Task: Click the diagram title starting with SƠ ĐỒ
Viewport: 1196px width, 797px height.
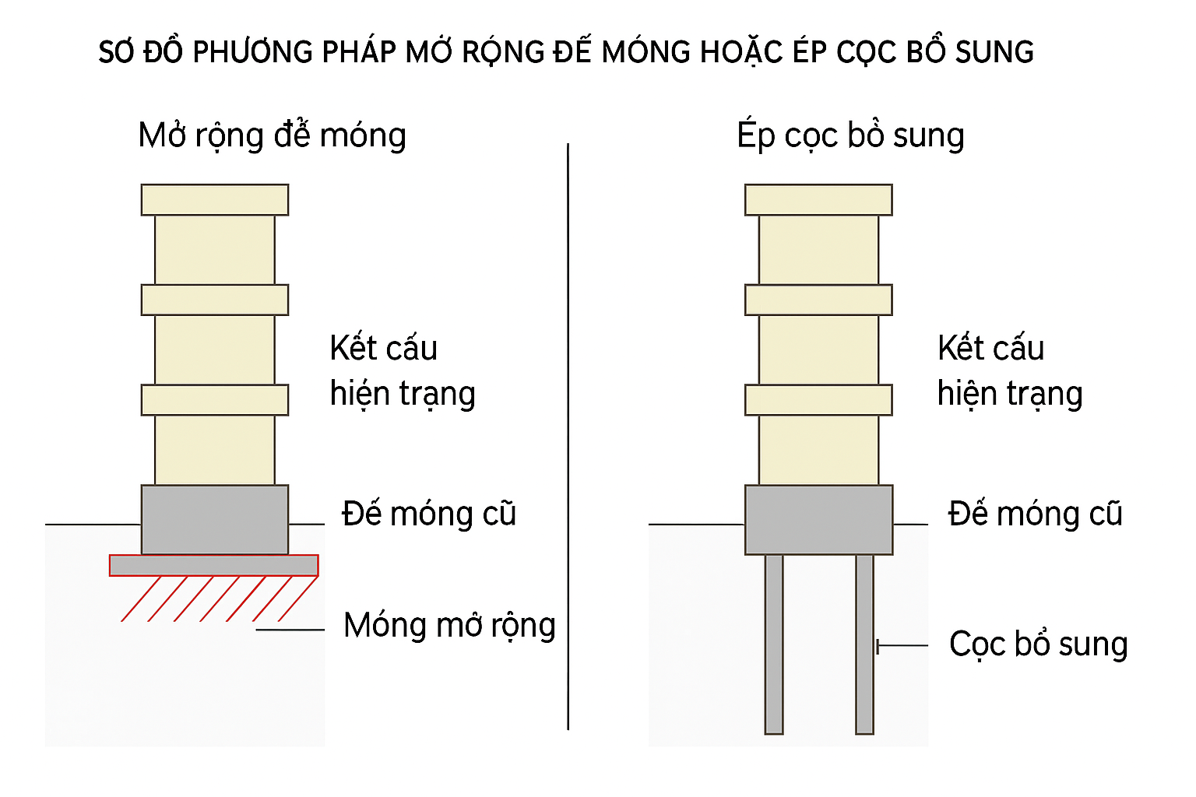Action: point(566,52)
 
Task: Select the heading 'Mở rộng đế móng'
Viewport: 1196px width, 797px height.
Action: point(272,135)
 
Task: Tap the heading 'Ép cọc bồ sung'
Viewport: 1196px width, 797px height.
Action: point(850,135)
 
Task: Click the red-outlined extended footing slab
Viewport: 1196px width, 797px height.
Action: point(213,565)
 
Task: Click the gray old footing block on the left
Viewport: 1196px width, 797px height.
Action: point(215,519)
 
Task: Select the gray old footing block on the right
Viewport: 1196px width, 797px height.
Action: point(818,519)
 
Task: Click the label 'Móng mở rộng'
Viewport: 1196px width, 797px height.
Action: point(449,626)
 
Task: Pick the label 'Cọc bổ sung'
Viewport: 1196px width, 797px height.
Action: point(1038,644)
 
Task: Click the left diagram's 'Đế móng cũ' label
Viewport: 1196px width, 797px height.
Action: point(429,514)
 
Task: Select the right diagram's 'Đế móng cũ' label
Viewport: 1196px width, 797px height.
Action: point(1035,514)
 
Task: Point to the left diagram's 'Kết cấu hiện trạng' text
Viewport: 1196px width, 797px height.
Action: point(402,371)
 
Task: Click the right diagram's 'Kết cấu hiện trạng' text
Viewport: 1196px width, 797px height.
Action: point(1009,371)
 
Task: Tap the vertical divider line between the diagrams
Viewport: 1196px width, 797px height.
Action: point(568,436)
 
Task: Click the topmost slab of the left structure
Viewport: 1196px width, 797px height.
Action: point(215,200)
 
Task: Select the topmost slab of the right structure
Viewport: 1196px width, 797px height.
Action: point(818,200)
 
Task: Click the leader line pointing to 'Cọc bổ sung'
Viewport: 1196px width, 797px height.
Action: point(903,645)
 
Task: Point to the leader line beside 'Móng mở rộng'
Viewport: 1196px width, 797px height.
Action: point(290,629)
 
